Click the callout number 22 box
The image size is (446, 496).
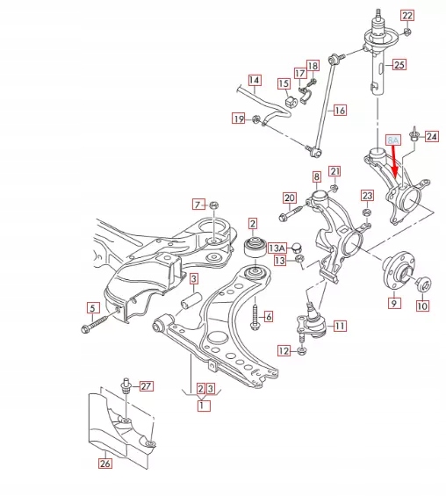406,15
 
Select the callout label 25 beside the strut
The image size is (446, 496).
399,64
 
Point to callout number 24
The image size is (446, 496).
431,136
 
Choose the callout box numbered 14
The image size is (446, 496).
254,82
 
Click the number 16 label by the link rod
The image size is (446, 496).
340,111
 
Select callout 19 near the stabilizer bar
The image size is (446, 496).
238,119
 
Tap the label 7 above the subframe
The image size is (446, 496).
198,205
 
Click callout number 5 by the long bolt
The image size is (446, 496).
90,307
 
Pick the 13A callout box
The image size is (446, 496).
278,248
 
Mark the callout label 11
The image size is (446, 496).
339,326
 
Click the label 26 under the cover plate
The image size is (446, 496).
104,464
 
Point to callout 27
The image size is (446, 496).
147,386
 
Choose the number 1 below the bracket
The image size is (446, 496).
204,406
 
